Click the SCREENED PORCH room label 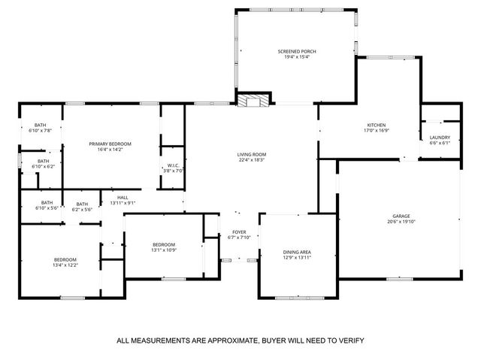(300, 51)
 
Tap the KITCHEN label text (376, 125)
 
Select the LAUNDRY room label (440, 138)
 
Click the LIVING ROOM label (253, 155)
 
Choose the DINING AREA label (297, 252)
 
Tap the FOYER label (239, 231)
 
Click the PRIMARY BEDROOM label (110, 144)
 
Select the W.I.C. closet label (173, 165)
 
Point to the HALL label (123, 197)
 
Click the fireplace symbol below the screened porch (256, 99)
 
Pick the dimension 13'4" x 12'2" (65, 265)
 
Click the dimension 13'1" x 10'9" (164, 250)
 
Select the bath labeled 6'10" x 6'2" (44, 166)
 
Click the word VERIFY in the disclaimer (349, 340)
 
